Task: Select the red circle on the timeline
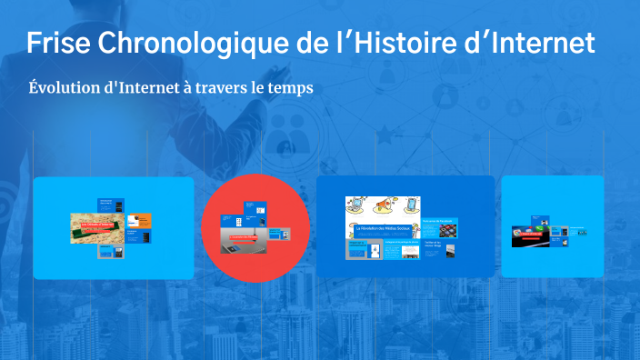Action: pos(255,228)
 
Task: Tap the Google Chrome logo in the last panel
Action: pos(519,233)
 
